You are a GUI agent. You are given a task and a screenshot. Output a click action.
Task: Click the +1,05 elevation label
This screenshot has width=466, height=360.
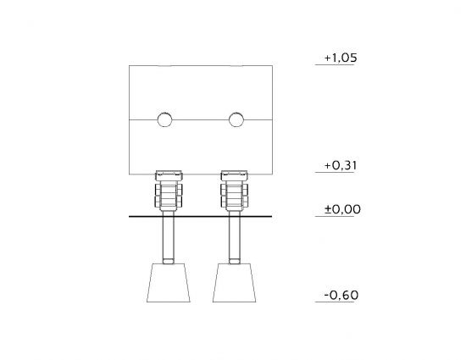pyautogui.click(x=341, y=58)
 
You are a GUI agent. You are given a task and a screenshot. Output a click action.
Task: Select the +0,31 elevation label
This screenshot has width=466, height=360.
pyautogui.click(x=341, y=165)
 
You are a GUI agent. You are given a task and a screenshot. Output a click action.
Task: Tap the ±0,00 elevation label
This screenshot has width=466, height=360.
pyautogui.click(x=342, y=209)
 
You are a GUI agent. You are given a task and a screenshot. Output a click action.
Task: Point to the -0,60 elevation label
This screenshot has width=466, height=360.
pyautogui.click(x=341, y=296)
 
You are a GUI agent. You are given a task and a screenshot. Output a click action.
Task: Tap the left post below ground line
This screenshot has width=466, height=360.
pyautogui.click(x=169, y=238)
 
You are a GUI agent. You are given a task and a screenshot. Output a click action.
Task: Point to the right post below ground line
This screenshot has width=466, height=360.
pyautogui.click(x=234, y=238)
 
